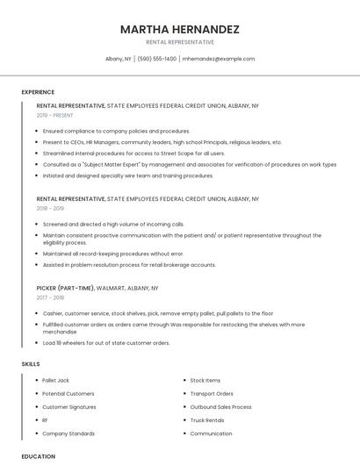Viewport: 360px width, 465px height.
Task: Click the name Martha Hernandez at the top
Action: pos(179,29)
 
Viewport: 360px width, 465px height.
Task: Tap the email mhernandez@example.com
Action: pos(219,59)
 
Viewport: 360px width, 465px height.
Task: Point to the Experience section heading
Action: pos(38,92)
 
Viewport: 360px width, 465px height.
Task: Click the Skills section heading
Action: pos(31,363)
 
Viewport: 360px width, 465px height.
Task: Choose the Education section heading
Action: pos(38,456)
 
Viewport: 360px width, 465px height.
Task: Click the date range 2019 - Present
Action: pos(55,115)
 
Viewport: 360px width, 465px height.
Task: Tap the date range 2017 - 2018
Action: pos(51,297)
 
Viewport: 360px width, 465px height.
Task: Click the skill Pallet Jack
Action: pos(56,380)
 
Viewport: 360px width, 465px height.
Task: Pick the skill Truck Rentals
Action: pos(207,420)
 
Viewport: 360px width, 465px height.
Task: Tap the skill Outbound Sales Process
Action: pos(220,407)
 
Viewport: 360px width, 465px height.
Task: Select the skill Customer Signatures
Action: pos(69,407)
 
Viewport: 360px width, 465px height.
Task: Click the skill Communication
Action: pos(211,433)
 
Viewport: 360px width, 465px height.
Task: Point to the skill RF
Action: pos(46,420)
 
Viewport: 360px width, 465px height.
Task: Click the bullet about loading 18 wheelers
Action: pos(106,343)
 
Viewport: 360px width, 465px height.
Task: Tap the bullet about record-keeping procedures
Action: pos(113,254)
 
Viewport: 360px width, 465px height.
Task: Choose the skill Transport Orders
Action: pos(212,394)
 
